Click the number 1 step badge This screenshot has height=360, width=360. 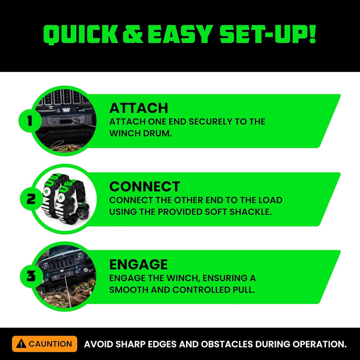29,121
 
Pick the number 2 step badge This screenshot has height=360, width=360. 30,199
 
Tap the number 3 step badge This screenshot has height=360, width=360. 30,276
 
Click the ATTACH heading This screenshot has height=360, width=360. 138,108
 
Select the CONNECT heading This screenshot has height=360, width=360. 144,186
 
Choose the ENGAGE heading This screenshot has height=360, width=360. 138,264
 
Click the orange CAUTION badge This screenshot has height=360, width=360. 44,344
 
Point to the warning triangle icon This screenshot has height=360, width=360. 21,344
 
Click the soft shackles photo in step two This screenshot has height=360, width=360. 62,199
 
